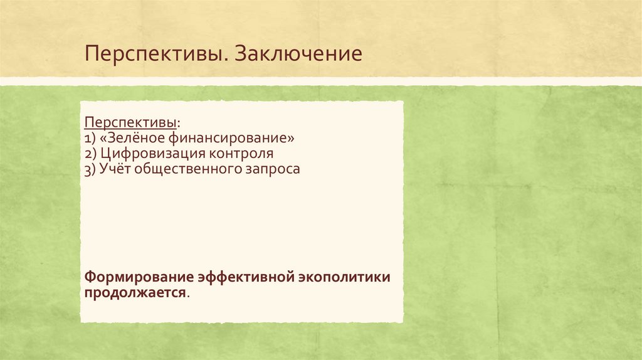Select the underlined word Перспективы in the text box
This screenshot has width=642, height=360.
[130, 120]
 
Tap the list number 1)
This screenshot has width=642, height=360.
[90, 137]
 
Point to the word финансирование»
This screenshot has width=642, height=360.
[229, 137]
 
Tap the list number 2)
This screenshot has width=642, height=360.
[90, 153]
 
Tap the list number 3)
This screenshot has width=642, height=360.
[90, 169]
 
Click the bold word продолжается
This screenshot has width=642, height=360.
[135, 293]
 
